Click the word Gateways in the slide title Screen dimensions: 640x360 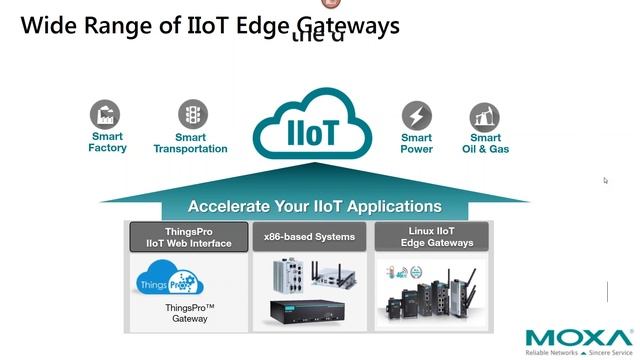point(343,26)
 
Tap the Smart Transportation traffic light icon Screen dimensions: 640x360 point(192,114)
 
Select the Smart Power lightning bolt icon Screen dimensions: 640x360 point(416,115)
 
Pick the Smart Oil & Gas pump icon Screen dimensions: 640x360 point(485,116)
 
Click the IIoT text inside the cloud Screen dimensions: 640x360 point(313,133)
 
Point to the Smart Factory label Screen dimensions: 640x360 point(107,142)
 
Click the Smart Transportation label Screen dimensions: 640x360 point(190,143)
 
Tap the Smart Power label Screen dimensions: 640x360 point(416,143)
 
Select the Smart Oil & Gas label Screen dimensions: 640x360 point(485,143)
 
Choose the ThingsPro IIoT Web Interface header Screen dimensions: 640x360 point(188,237)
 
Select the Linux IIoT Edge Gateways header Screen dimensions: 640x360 point(431,237)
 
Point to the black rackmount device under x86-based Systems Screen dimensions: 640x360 point(309,311)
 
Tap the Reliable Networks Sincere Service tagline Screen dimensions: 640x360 point(579,353)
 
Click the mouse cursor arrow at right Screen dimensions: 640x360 point(605,181)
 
